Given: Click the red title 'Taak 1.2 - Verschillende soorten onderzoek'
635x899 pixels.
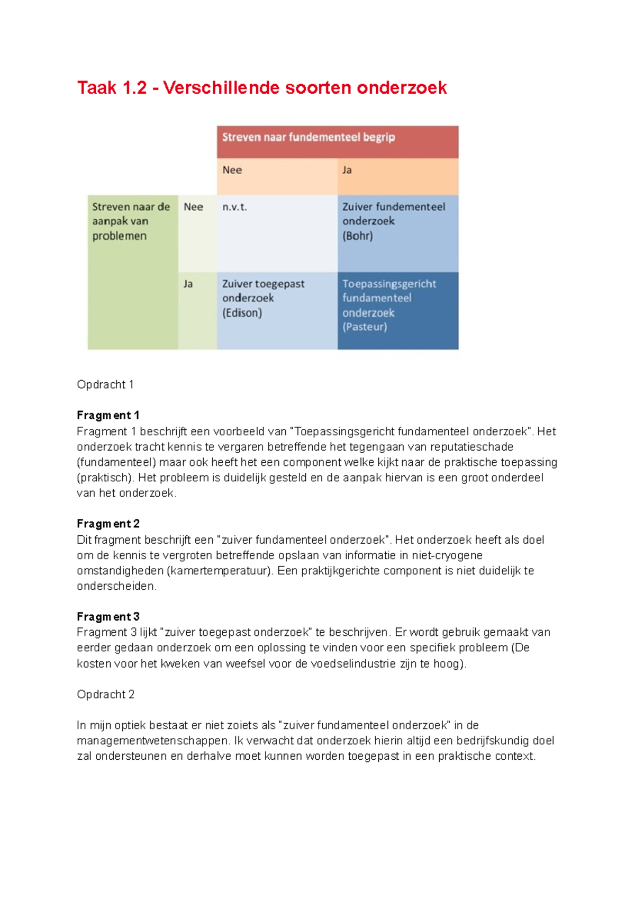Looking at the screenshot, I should (262, 88).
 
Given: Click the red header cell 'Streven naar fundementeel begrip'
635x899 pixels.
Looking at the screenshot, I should (309, 138).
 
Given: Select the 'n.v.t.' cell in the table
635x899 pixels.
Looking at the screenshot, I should (234, 207).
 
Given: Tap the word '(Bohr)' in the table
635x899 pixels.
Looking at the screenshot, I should (358, 236).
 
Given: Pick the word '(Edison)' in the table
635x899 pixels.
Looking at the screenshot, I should (242, 313).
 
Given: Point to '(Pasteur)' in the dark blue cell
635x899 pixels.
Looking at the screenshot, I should (365, 327).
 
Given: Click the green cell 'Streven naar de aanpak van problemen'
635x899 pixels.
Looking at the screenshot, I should (131, 221).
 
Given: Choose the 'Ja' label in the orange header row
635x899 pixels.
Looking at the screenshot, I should (347, 170).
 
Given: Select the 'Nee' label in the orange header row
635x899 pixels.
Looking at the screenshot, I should (232, 170).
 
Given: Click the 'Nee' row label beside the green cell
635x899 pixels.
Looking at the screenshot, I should (193, 207).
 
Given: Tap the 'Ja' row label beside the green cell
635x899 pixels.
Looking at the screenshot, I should (188, 284).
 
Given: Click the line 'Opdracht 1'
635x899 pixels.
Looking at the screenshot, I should (105, 384).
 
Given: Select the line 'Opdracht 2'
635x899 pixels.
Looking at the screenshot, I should (105, 695).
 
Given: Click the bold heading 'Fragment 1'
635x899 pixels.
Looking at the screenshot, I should (108, 416).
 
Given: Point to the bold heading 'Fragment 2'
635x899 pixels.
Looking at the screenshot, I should (108, 524).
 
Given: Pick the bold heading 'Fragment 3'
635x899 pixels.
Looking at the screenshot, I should (108, 617).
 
